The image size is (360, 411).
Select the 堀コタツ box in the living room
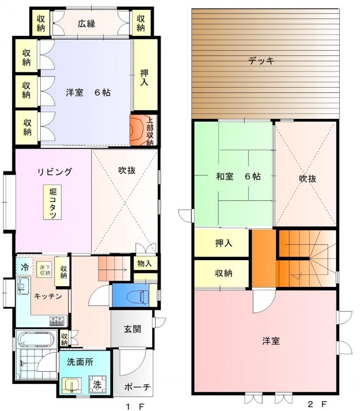tap(53, 202)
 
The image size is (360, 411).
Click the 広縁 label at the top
tap(86, 23)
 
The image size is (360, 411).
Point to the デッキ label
tap(261, 61)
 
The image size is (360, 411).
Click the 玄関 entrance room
tap(132, 329)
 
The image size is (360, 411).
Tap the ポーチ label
tap(137, 387)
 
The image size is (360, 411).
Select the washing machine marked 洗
tap(98, 384)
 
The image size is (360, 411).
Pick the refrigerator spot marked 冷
tap(24, 267)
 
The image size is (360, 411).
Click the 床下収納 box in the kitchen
tap(45, 270)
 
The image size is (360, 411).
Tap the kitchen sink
tap(23, 286)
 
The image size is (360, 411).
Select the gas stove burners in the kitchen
tap(57, 321)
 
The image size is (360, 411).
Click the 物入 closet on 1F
tap(145, 263)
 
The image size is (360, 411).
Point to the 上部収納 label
tap(150, 131)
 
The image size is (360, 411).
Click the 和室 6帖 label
tap(239, 176)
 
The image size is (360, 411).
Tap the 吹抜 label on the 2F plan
tap(308, 179)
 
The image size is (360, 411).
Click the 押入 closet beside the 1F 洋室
tap(145, 75)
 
